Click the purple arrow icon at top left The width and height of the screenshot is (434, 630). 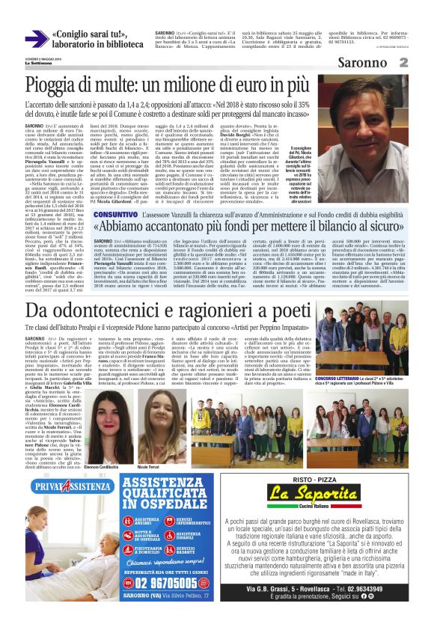tap(35, 40)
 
